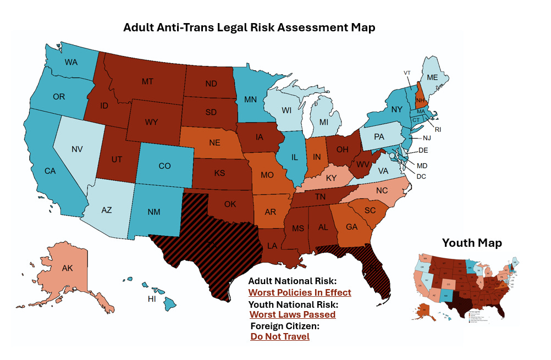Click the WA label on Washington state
71,62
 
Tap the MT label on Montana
147,81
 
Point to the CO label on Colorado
164,165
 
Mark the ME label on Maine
433,78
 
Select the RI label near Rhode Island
438,130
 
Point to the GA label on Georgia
352,226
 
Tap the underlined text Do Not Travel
279,336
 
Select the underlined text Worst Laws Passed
292,314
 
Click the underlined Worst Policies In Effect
299,292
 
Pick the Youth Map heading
472,242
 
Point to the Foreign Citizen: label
285,326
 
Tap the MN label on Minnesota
251,100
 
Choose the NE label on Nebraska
215,142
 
